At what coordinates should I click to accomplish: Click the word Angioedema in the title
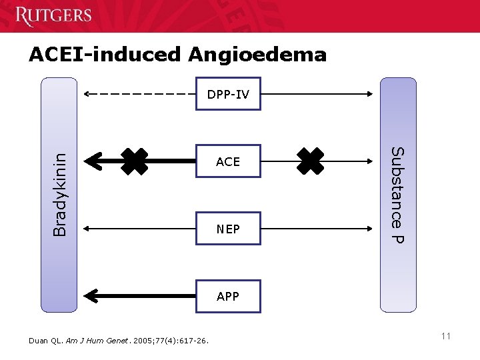(x=258, y=54)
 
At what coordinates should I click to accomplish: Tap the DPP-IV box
(x=228, y=95)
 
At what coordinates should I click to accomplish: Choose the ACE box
(x=228, y=161)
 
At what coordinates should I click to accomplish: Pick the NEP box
(x=228, y=229)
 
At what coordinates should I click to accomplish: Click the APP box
(x=228, y=296)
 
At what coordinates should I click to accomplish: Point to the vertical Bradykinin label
(x=60, y=194)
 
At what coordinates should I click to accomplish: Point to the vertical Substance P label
(x=397, y=195)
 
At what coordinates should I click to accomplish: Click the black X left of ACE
(x=134, y=161)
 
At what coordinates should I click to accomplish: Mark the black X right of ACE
(x=311, y=161)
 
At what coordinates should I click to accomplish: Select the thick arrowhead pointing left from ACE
(x=95, y=161)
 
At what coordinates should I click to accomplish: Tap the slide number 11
(x=445, y=336)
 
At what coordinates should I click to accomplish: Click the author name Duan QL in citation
(x=47, y=341)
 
